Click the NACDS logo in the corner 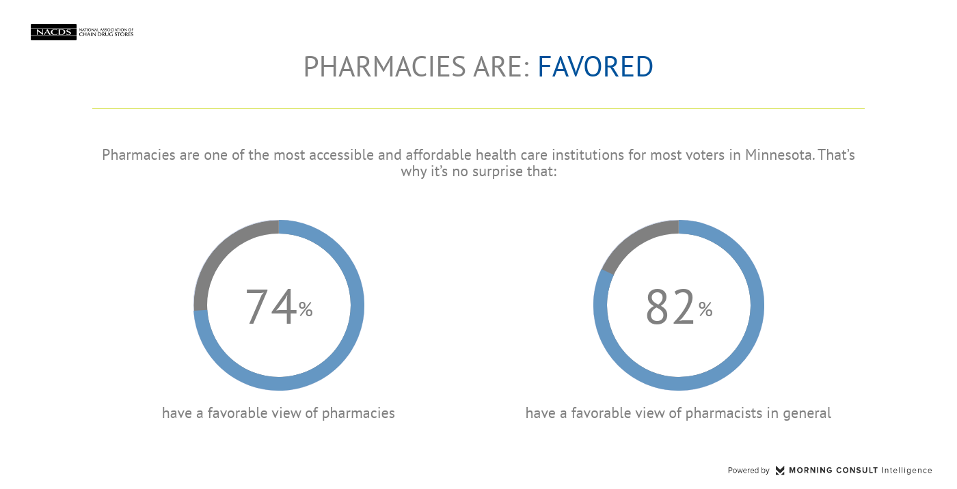click(53, 32)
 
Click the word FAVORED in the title click(595, 67)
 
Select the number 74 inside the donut click(271, 307)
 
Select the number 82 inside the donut click(671, 307)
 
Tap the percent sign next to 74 click(306, 310)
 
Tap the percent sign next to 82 click(705, 310)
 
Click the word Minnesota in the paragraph click(779, 155)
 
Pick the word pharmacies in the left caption click(358, 413)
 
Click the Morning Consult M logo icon click(780, 471)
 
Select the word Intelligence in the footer click(906, 471)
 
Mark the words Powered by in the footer click(749, 471)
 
